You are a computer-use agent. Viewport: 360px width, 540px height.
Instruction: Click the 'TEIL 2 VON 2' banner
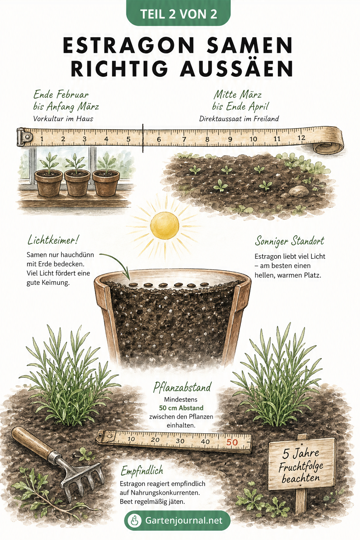[178, 14]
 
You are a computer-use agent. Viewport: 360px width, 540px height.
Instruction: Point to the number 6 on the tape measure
[159, 139]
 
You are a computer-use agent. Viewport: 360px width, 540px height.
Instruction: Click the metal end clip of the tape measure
[24, 137]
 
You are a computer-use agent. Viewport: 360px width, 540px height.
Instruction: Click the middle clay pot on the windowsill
[77, 183]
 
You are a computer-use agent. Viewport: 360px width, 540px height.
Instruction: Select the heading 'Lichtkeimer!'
[53, 241]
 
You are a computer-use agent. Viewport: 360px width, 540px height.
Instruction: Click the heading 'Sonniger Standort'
[290, 241]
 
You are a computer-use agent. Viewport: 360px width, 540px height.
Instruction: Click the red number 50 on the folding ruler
[232, 442]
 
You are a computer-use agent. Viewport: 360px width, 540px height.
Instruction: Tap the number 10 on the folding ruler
[131, 439]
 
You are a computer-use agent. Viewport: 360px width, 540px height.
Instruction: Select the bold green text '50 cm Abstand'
[181, 408]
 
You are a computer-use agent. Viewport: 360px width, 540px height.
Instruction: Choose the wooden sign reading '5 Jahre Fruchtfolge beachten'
[302, 467]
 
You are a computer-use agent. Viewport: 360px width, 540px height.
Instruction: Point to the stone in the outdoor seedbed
[299, 191]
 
